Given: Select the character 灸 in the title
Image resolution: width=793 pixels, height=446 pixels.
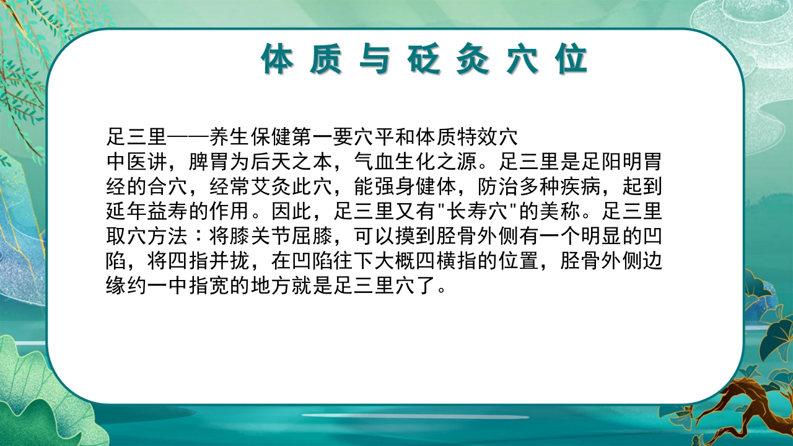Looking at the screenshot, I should pyautogui.click(x=474, y=60).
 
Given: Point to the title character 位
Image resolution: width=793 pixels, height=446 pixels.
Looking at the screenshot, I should pyautogui.click(x=571, y=60).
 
